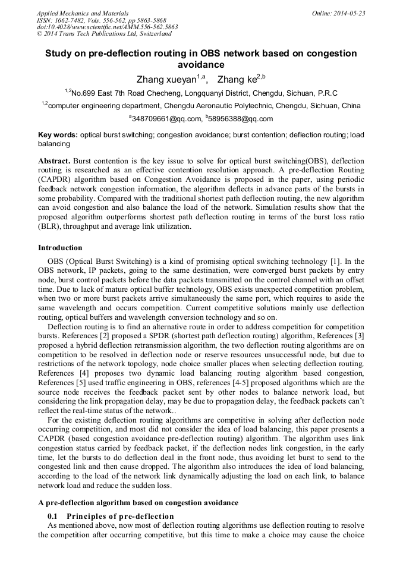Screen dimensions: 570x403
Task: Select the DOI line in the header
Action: click(x=107, y=27)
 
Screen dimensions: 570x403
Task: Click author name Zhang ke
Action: click(x=237, y=79)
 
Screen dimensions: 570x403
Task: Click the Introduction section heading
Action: click(x=60, y=247)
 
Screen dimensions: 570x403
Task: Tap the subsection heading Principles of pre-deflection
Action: click(x=120, y=516)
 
